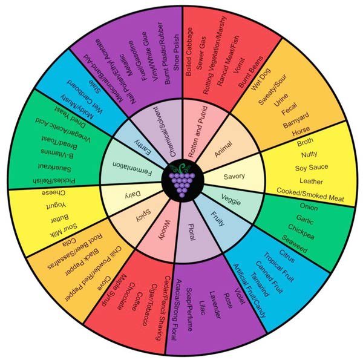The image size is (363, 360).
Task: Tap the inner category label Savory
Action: [234, 177]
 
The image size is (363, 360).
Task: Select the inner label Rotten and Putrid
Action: [197, 131]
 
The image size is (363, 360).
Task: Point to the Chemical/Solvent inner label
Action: [165, 131]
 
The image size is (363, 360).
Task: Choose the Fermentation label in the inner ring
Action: [132, 169]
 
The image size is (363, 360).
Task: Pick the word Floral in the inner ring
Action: [192, 232]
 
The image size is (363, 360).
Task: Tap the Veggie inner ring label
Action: [231, 200]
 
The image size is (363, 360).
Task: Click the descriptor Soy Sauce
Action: [312, 168]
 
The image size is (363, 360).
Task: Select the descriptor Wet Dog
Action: [260, 79]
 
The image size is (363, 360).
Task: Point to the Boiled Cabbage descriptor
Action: [189, 51]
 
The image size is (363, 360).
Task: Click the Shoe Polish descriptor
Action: [177, 53]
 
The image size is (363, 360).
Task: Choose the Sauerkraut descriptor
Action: [54, 168]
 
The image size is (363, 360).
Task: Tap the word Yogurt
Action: [56, 205]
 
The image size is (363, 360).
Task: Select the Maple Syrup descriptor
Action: [114, 290]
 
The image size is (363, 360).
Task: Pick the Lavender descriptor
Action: [215, 305]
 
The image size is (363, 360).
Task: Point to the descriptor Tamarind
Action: [260, 284]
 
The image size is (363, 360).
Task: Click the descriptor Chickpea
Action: [301, 232]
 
